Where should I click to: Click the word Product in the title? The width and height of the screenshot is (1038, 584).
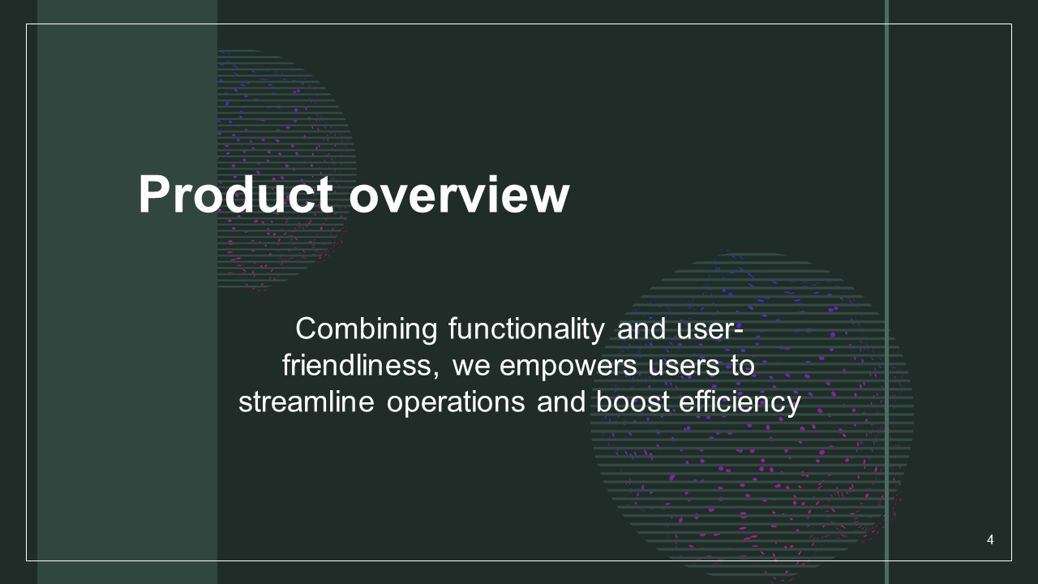tap(235, 195)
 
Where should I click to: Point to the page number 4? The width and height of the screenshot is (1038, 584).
tap(990, 539)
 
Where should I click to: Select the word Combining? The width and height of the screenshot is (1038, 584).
tap(366, 330)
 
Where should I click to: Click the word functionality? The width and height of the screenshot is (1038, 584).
tap(526, 330)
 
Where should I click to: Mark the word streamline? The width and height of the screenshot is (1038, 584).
tap(307, 401)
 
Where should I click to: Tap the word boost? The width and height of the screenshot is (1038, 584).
tap(633, 401)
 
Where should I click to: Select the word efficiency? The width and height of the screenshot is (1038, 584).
tap(740, 402)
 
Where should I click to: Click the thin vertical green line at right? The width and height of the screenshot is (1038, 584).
tap(886, 292)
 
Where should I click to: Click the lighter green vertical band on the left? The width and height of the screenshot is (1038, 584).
tap(127, 292)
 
